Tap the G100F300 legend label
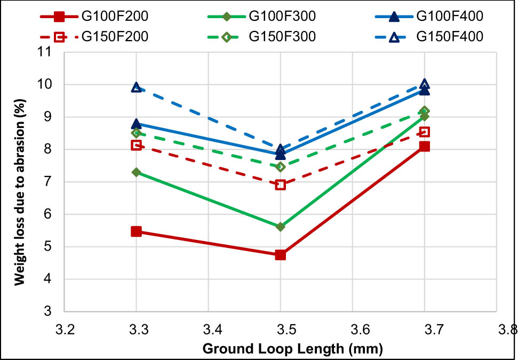point(282,16)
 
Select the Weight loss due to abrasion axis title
point(19,181)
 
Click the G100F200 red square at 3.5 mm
point(280,255)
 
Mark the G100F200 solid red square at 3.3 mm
point(136,231)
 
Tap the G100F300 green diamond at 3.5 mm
point(280,227)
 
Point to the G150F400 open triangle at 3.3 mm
point(136,87)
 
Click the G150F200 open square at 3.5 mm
point(280,185)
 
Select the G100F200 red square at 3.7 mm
point(424,146)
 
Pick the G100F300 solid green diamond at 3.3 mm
point(136,172)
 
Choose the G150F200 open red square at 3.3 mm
point(136,145)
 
